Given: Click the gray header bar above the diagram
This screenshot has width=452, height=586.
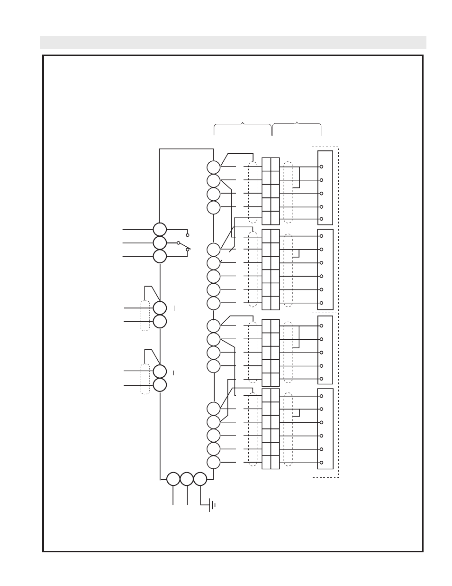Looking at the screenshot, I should tap(233, 42).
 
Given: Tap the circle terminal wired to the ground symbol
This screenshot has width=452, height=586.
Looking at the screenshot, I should tap(200, 479).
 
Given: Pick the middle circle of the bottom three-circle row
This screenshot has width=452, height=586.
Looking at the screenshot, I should tap(187, 479).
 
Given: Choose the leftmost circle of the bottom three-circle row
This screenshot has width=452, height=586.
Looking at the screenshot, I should tap(173, 479).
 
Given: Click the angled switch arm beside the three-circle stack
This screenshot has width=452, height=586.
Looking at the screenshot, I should tap(184, 246).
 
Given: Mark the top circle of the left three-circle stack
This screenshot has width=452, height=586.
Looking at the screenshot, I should tap(160, 230).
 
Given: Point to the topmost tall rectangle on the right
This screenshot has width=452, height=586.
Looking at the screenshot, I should tap(325, 187).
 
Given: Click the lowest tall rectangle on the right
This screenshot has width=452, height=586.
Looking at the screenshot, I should tap(325, 428).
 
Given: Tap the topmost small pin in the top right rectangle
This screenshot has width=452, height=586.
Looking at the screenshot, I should tap(321, 167).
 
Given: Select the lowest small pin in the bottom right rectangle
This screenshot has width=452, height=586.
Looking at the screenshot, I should tap(321, 463).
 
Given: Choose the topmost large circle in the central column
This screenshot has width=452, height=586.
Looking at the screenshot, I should tap(214, 167).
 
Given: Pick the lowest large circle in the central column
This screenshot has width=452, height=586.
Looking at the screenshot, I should tap(214, 462).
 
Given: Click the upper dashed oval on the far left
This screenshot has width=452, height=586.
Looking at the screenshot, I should tap(145, 316).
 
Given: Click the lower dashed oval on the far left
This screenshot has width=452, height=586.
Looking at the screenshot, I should tap(145, 379).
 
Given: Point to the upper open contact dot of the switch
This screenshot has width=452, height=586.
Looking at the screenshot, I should tap(188, 235).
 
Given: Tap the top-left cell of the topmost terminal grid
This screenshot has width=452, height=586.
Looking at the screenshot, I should tap(266, 165).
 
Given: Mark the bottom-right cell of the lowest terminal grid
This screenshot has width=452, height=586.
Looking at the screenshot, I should tap(275, 462).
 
